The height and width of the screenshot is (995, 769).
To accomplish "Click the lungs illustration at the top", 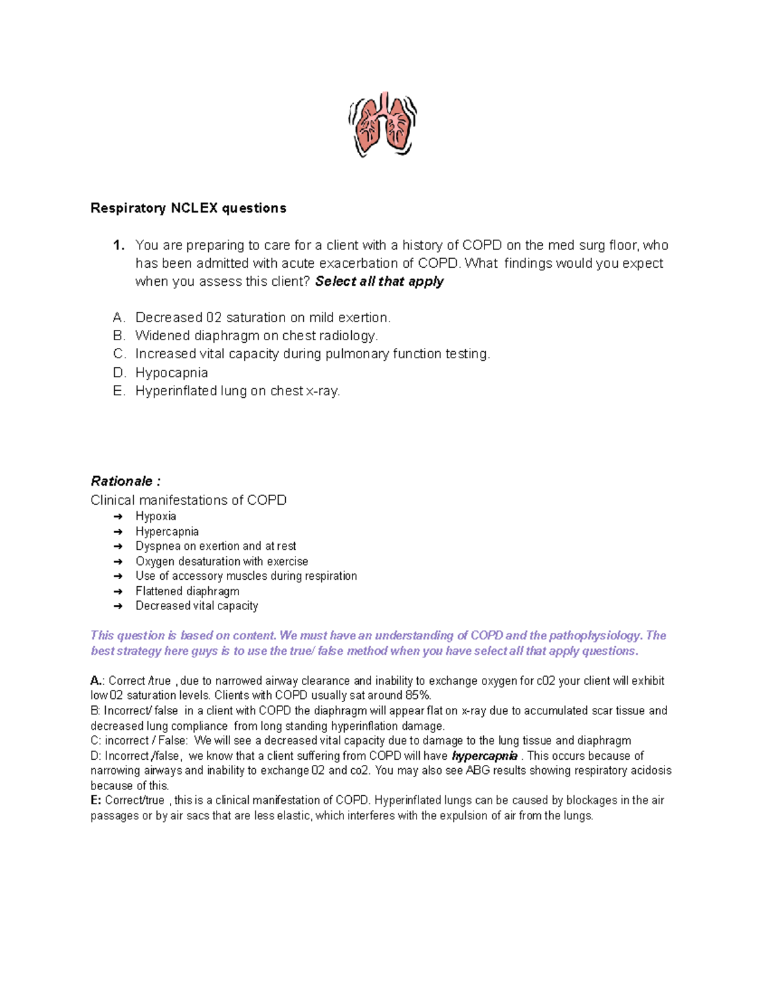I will point(383,124).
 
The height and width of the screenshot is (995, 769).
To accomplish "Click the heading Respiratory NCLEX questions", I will point(188,208).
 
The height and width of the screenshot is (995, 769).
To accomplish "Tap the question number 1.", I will point(118,245).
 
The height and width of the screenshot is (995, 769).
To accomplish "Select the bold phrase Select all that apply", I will point(379,281).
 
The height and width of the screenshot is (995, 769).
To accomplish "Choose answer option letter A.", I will point(118,318).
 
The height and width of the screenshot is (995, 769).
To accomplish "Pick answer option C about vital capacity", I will point(312,354).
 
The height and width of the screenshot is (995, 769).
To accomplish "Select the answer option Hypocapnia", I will point(171,373).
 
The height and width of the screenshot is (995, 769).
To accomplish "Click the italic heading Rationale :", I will point(125,481).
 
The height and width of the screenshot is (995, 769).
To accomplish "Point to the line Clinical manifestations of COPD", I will point(188,500).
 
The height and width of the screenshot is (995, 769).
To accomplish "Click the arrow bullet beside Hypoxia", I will point(118,516).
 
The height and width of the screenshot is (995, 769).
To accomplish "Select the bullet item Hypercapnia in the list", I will point(167,532).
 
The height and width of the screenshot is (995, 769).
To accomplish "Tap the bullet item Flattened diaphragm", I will point(187,591).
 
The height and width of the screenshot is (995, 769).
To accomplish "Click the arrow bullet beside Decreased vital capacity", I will point(118,606).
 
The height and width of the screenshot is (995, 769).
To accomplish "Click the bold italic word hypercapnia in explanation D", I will point(484,756).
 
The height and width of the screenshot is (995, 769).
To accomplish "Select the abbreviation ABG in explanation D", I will point(478,771).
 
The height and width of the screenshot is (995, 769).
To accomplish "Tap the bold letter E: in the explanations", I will point(96,800).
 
